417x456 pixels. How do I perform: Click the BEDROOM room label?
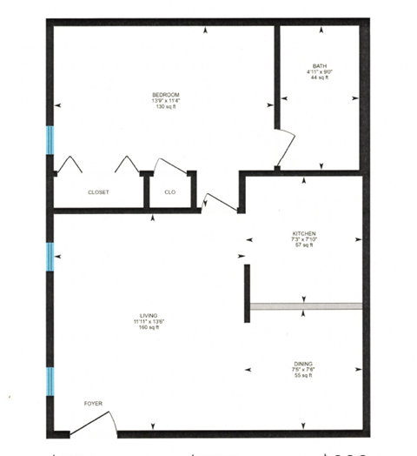(x=165, y=94)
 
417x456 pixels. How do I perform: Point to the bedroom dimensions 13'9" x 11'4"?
(x=165, y=100)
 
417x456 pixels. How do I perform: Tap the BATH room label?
(x=321, y=66)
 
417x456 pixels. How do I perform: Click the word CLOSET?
(x=98, y=192)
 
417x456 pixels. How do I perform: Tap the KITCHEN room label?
(x=303, y=234)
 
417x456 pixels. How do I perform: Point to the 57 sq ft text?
(x=303, y=246)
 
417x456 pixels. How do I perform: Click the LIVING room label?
(x=130, y=316)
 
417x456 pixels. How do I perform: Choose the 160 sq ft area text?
(x=130, y=328)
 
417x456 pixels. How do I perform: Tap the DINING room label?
(x=303, y=363)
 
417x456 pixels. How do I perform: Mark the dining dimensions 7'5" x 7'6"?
(x=303, y=369)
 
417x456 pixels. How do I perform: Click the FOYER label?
(x=93, y=405)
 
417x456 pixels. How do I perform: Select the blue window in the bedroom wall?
(x=50, y=139)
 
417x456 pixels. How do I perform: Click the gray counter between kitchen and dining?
(x=305, y=306)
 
